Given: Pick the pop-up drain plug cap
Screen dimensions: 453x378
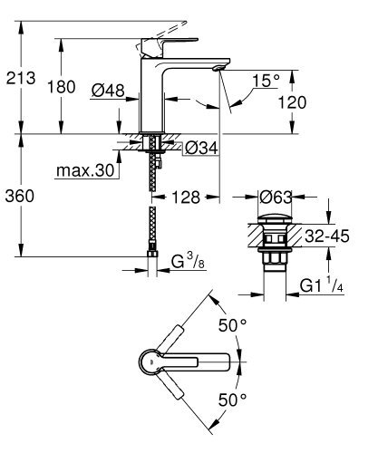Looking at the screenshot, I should click(x=273, y=218).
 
